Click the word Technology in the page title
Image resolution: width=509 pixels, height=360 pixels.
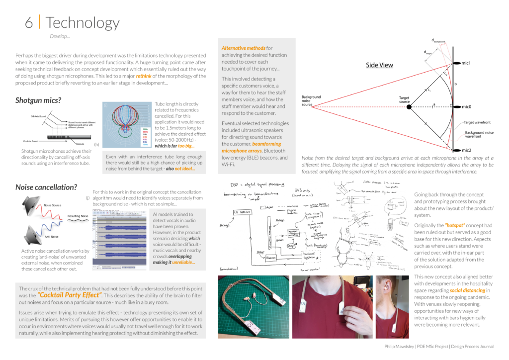pos(83,23)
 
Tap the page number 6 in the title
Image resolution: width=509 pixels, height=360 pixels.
pos(30,23)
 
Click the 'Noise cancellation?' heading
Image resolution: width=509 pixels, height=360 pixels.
pos(46,187)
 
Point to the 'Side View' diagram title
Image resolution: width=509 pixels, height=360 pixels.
pos(379,65)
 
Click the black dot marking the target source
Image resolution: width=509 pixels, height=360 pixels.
pos(409,107)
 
